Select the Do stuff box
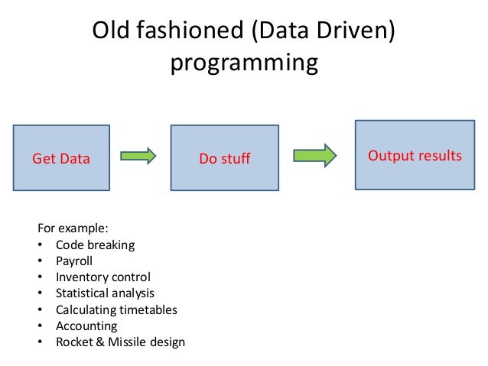click(x=225, y=157)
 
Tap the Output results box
click(x=415, y=155)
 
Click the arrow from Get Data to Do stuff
click(x=138, y=156)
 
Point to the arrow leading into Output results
click(x=316, y=155)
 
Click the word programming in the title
click(x=243, y=63)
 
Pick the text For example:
click(x=73, y=228)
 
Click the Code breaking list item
click(x=95, y=245)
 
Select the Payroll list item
click(x=74, y=261)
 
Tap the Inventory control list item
click(x=103, y=277)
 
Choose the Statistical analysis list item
click(x=105, y=293)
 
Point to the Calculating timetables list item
click(x=116, y=309)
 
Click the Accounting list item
click(x=86, y=326)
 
